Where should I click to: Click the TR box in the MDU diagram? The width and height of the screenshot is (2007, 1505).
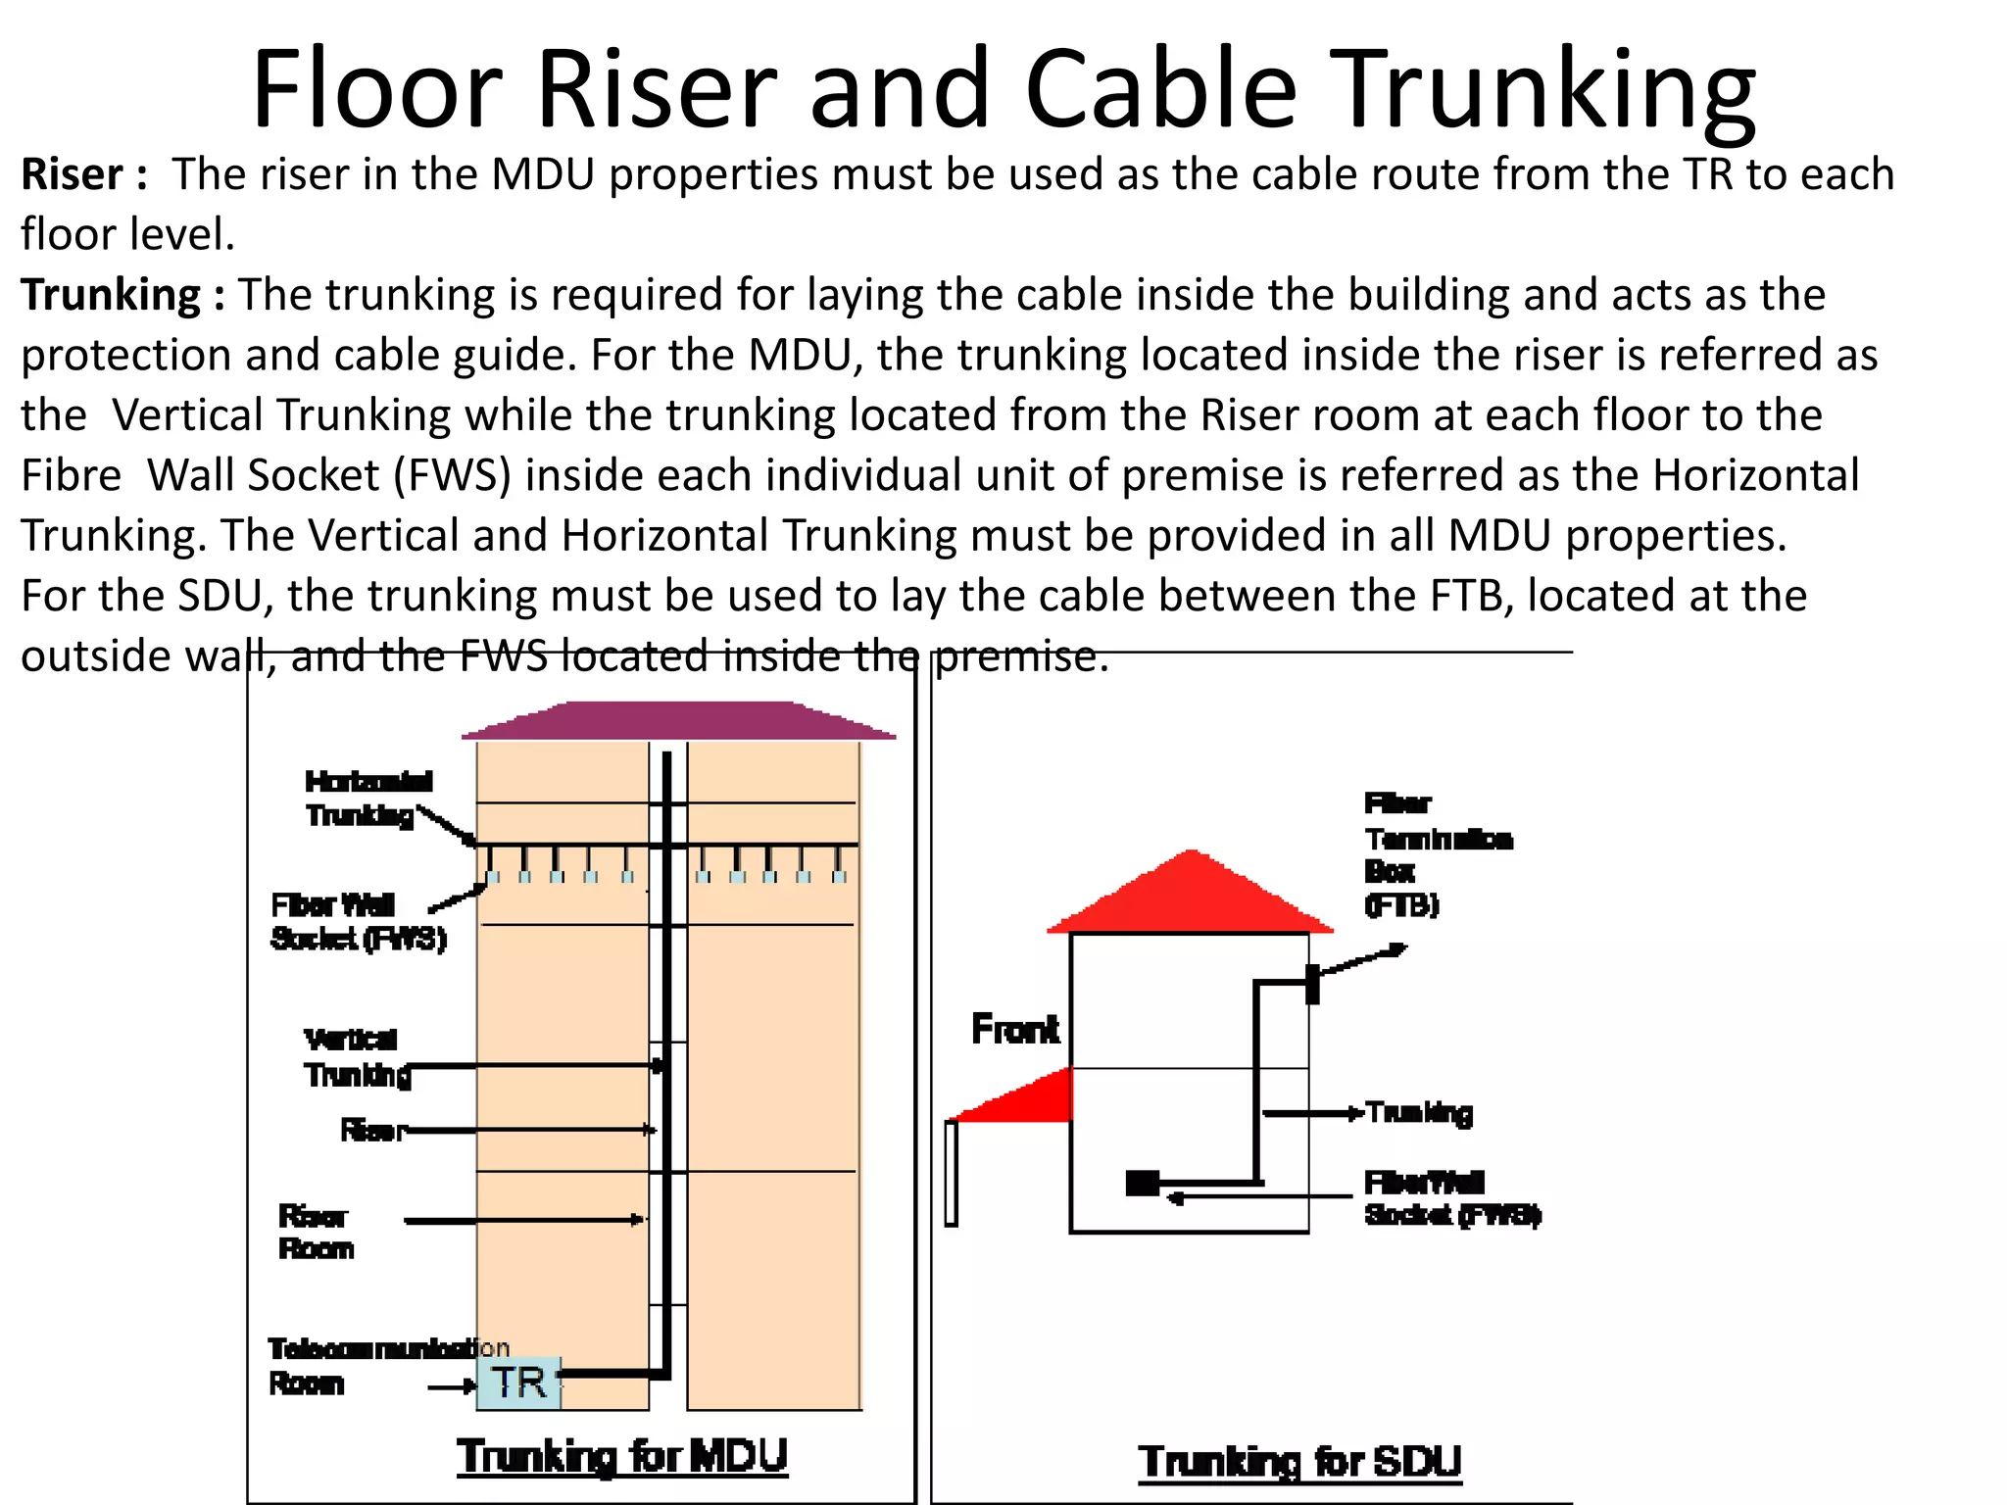(x=518, y=1383)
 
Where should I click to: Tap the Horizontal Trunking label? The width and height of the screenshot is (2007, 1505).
(x=367, y=798)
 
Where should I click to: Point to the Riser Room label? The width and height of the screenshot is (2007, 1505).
(x=316, y=1232)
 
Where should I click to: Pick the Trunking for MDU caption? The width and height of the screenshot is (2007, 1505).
(x=622, y=1456)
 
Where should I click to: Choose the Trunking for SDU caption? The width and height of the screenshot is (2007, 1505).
(x=1299, y=1461)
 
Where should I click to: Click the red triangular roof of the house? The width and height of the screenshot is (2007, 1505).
(x=1191, y=897)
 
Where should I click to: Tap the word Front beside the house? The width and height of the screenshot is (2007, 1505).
(x=1015, y=1030)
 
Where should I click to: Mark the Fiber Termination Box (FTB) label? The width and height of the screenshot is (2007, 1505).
(x=1437, y=853)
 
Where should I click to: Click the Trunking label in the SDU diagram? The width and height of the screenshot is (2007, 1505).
(x=1419, y=1113)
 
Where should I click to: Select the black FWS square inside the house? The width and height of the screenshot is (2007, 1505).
(x=1143, y=1184)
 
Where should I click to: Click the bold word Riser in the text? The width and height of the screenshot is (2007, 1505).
(x=73, y=174)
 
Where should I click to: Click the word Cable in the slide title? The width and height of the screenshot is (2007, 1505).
(x=1160, y=89)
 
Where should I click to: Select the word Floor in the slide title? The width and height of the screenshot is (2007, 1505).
(x=376, y=89)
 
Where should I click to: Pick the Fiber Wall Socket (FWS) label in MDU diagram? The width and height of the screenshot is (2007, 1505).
(x=358, y=921)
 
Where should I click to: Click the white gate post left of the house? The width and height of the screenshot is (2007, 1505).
(x=951, y=1173)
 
